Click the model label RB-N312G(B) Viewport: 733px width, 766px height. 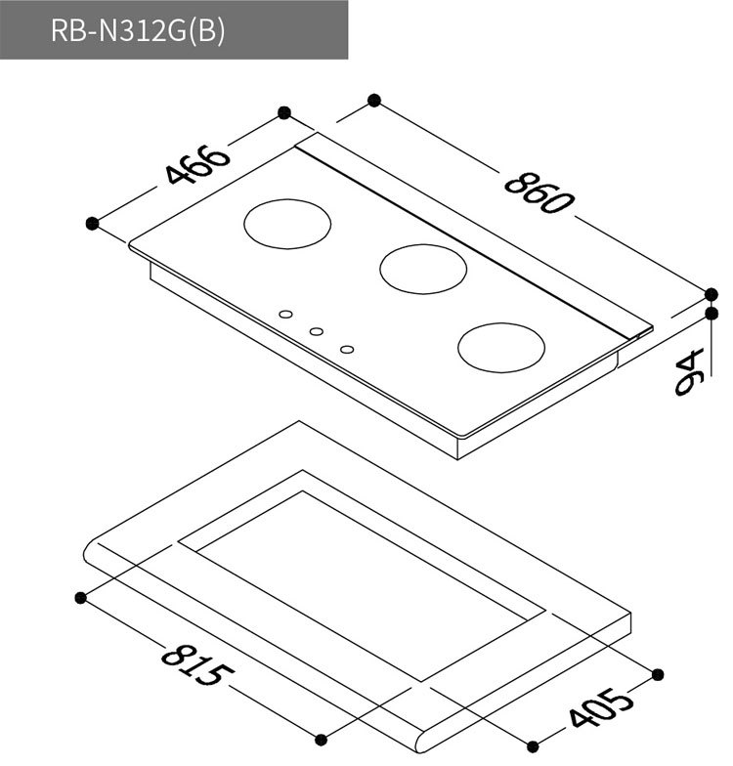tap(138, 30)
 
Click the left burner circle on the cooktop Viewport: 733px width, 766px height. tap(287, 224)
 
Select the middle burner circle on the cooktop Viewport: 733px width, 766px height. tap(423, 267)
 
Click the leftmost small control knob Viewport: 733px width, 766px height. tap(285, 315)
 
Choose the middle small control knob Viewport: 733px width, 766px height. tap(317, 332)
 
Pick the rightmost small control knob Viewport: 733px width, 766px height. tap(348, 349)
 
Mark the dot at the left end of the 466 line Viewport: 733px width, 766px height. tap(93, 223)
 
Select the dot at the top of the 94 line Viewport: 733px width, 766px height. tap(711, 314)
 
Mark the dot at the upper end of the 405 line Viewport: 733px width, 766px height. tap(657, 674)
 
